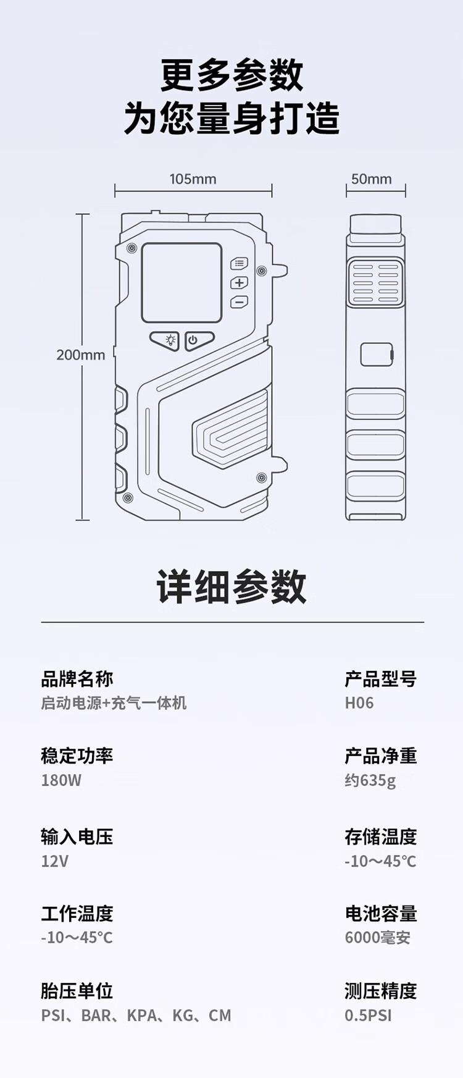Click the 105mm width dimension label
[x=193, y=179]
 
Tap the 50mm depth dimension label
[x=371, y=179]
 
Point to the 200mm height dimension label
[x=80, y=355]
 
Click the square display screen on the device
[x=181, y=282]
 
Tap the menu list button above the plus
[x=239, y=264]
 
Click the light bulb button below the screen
[x=165, y=340]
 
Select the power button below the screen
[x=199, y=340]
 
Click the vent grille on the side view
[x=375, y=283]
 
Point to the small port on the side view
[x=377, y=355]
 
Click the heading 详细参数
[x=231, y=587]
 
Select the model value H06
[x=359, y=703]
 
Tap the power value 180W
[x=61, y=780]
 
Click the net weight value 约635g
[x=370, y=780]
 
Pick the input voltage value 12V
[x=54, y=861]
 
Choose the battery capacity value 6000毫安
[x=377, y=938]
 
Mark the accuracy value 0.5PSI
[x=368, y=1016]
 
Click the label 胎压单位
[x=77, y=991]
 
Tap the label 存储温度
[x=380, y=837]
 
